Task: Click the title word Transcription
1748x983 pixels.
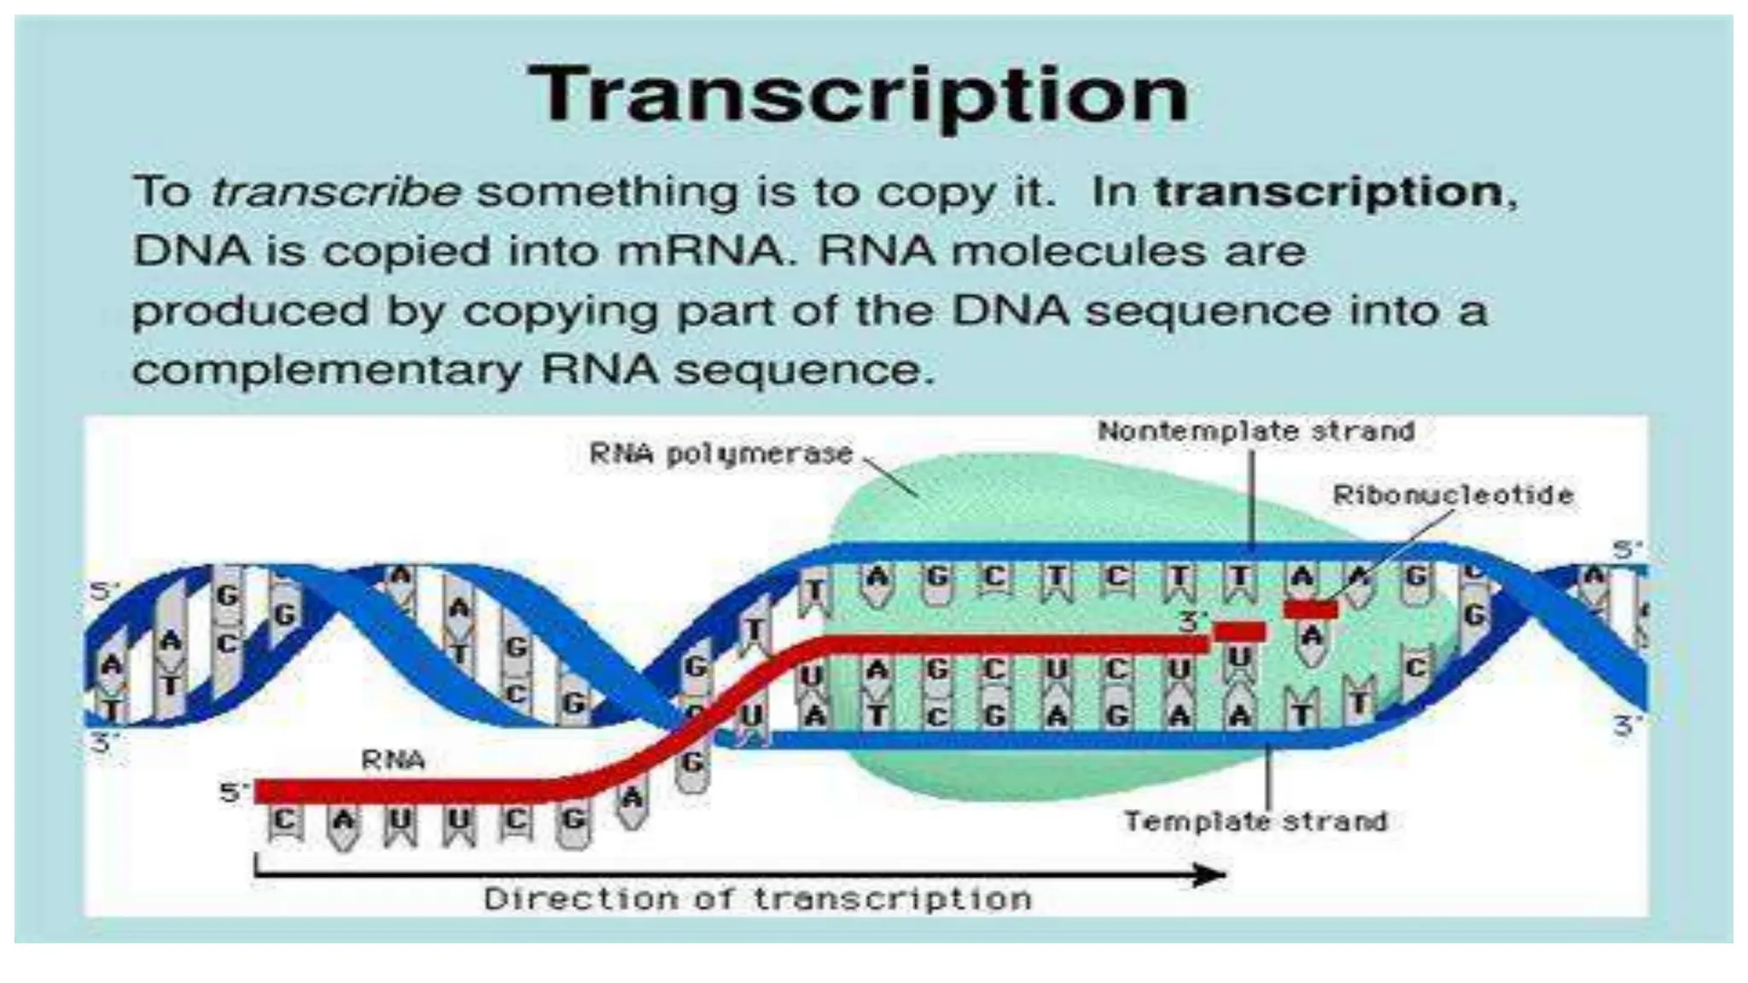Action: pos(858,96)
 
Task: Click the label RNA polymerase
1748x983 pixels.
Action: pos(721,454)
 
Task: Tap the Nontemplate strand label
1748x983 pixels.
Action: pos(1256,432)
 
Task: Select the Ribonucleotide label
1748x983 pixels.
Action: pos(1453,495)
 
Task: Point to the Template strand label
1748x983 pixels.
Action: pos(1256,822)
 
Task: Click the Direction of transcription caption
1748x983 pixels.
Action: pos(757,899)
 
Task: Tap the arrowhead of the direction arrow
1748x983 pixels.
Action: pos(1210,875)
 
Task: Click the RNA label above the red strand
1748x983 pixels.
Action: pos(393,759)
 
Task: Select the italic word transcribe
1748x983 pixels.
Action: pos(336,192)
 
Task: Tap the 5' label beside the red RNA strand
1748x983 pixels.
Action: pos(233,793)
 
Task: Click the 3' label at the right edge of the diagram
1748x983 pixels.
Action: pos(1627,727)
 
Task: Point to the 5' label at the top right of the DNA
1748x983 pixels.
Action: pos(1627,550)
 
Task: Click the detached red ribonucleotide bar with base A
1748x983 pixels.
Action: pos(1311,610)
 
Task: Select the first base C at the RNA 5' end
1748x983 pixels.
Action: pos(285,822)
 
